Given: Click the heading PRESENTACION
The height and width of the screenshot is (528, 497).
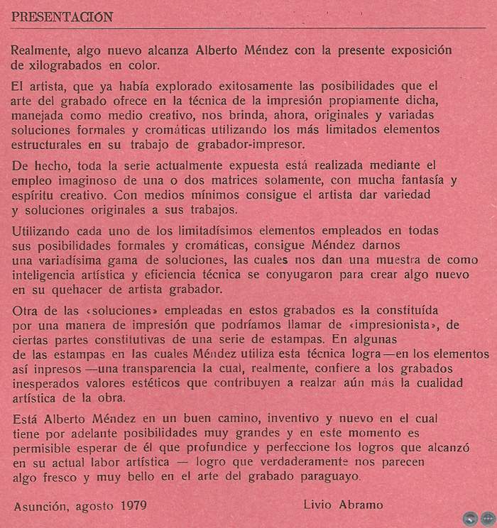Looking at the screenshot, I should (x=62, y=18).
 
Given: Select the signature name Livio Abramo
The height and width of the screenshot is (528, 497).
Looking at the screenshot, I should (x=343, y=505).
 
